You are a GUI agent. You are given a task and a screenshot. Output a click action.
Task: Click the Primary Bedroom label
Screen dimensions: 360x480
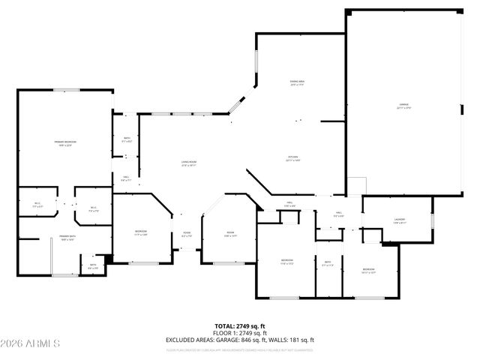(65, 142)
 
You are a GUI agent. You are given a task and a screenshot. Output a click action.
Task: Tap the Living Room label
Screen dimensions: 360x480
(188, 163)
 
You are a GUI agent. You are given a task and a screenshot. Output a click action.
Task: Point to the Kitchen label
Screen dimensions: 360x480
(292, 158)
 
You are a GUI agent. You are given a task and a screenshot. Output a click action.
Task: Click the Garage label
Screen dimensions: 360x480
(404, 106)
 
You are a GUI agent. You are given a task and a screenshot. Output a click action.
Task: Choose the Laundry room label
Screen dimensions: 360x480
(399, 220)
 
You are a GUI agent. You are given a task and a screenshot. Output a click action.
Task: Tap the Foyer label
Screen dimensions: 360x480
(187, 234)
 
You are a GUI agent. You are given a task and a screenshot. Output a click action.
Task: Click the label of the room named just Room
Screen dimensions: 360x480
(230, 234)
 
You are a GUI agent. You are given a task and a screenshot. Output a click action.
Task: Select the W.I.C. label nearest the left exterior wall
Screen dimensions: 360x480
(38, 205)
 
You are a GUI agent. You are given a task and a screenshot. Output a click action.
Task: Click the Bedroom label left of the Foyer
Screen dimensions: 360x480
(140, 232)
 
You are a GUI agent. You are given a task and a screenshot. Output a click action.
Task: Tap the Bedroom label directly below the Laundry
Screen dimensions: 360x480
(367, 271)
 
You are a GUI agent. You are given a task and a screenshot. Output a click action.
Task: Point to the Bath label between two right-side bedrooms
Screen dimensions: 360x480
(328, 264)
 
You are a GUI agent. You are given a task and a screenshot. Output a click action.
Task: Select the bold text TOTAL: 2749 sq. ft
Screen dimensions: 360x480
(239, 326)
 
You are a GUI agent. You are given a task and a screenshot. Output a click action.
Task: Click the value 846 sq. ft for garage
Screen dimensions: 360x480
(262, 340)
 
